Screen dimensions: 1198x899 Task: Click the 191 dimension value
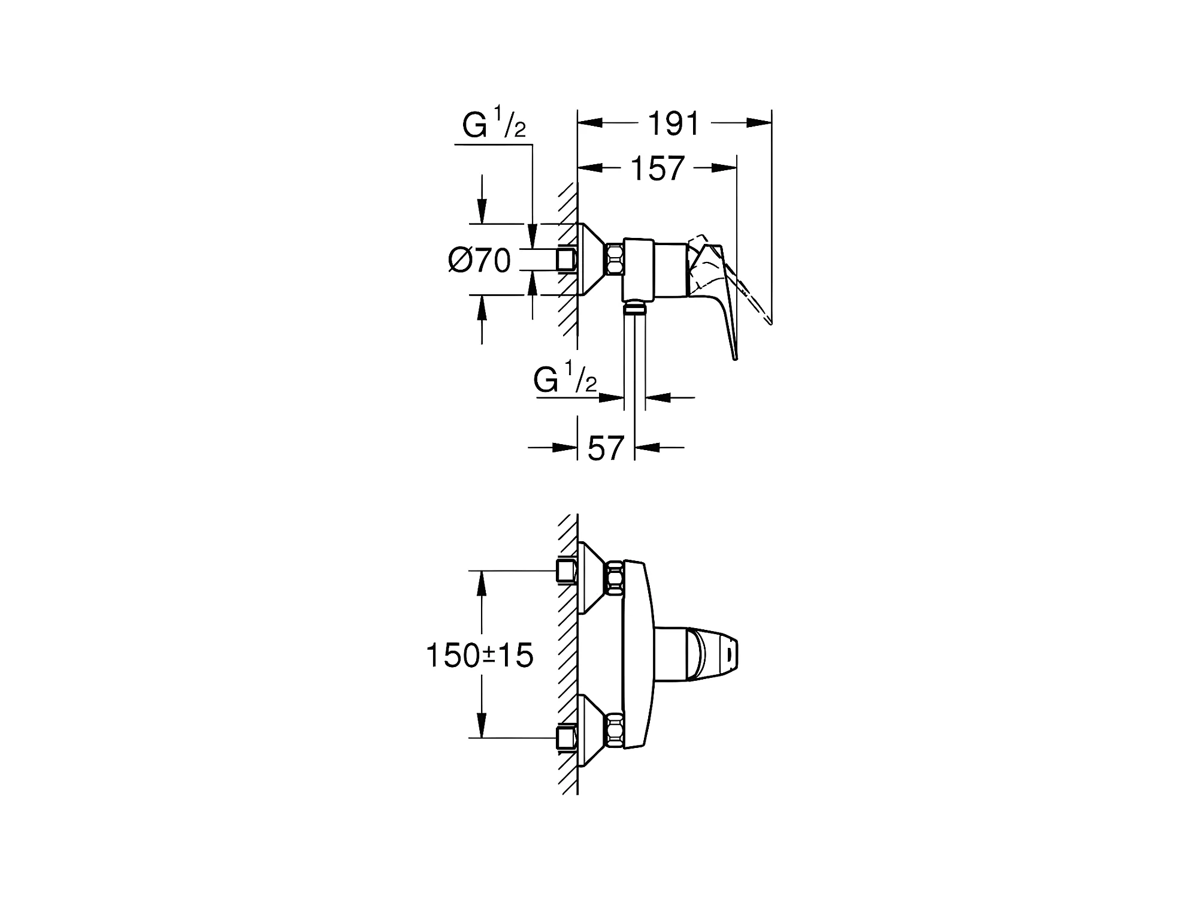674,124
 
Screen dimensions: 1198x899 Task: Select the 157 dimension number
658,169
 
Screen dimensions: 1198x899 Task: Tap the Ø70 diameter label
480,261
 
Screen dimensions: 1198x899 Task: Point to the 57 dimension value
606,448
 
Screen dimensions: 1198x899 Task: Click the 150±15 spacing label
479,655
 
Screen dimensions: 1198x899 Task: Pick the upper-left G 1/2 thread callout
494,124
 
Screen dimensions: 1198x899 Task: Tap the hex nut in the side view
615,260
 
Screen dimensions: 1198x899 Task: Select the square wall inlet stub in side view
567,260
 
